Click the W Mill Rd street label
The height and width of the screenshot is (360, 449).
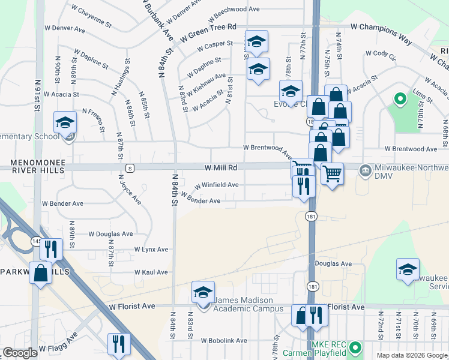(220, 167)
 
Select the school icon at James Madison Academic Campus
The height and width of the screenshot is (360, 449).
(203, 293)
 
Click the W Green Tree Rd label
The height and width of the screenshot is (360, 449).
(212, 27)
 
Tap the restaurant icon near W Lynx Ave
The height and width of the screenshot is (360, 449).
(52, 249)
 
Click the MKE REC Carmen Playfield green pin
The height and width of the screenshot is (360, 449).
(355, 347)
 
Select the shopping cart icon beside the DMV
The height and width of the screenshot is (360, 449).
(332, 174)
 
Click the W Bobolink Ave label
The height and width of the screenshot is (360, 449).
(224, 340)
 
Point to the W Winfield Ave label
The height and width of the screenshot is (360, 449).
(215, 185)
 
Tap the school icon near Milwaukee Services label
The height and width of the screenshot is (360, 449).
(408, 269)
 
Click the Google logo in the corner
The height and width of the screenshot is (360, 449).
(20, 353)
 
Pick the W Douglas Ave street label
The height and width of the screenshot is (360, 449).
(111, 233)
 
